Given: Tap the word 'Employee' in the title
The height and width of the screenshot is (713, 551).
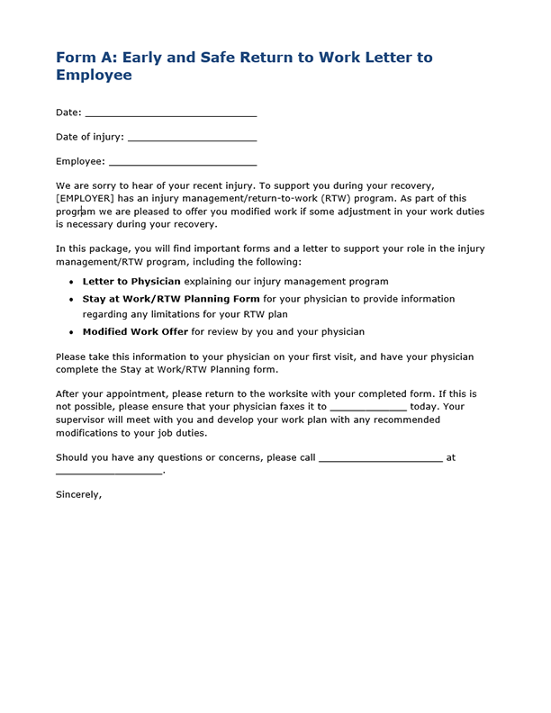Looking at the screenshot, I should [94, 76].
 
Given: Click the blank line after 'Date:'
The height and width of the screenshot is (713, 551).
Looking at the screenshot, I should [170, 114].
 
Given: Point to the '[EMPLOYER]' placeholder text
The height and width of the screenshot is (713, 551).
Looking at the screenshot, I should [85, 198].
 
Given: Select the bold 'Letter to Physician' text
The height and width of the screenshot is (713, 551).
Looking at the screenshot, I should [131, 282].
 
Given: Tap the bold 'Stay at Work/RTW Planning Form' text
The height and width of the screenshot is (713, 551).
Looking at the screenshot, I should [171, 299].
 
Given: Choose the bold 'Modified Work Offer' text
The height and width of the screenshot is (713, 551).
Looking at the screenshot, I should [135, 331].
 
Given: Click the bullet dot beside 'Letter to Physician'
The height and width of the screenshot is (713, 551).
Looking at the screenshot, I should [72, 283].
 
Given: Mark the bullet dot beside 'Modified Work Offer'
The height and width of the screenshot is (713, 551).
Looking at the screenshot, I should [72, 332].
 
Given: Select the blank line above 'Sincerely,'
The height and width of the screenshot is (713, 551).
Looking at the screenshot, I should [108, 472].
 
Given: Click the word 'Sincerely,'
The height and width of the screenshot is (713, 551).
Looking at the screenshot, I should [79, 494].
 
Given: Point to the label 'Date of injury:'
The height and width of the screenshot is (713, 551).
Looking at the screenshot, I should [90, 138].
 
